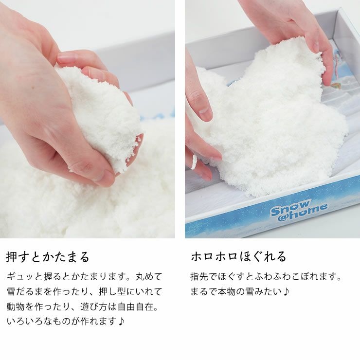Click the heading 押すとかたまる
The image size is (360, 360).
48,256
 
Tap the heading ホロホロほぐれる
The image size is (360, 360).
238,256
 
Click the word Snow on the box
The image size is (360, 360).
290,207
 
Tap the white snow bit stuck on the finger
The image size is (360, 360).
194,162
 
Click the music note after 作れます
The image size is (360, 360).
121,322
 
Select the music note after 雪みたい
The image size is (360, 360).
286,292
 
